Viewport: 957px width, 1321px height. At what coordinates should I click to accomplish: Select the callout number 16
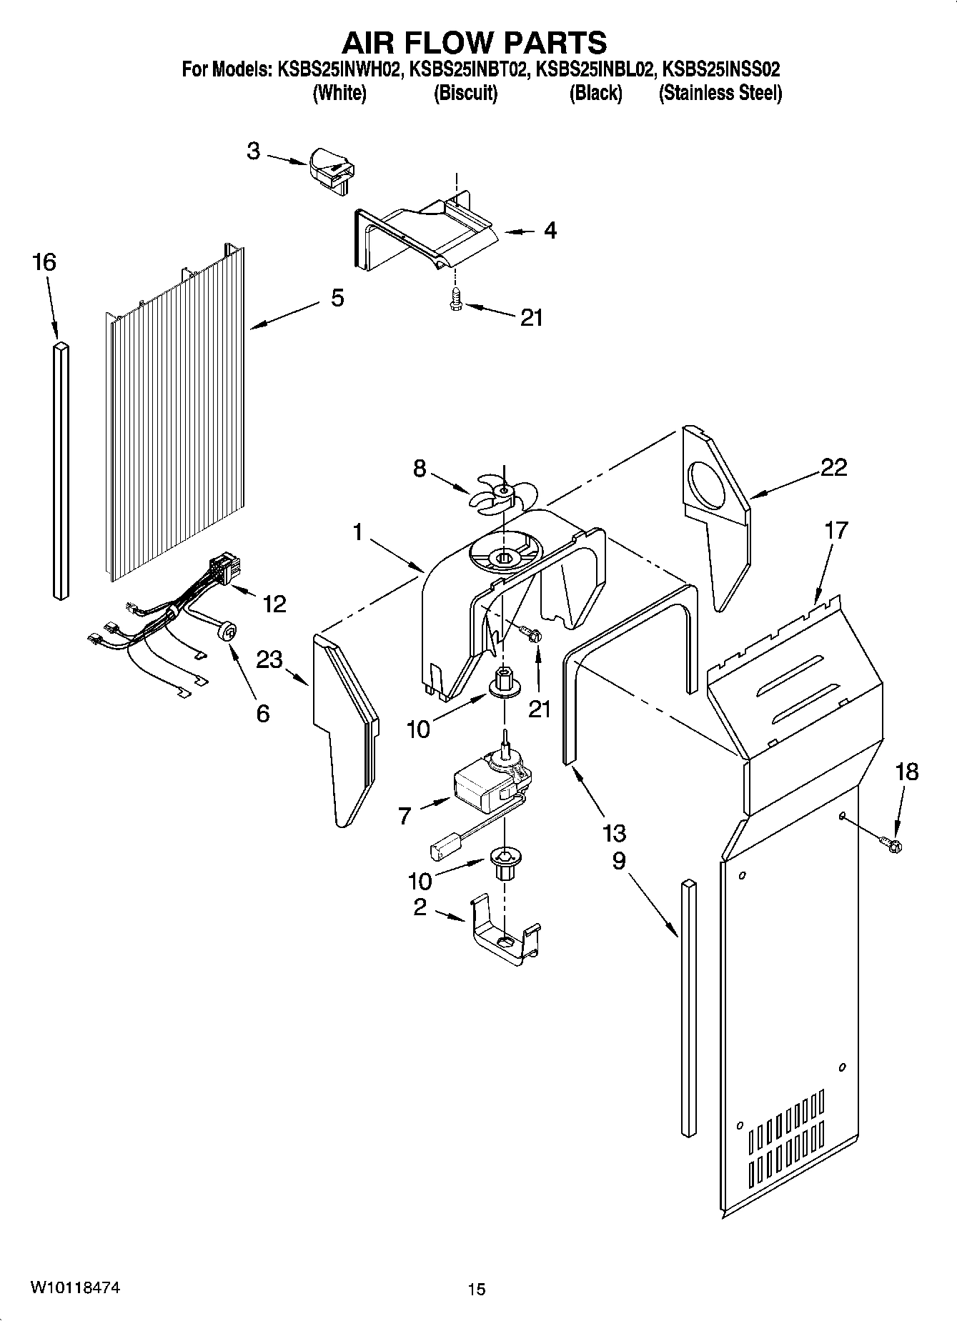coord(44,263)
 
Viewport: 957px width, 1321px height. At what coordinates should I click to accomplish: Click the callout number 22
coord(833,467)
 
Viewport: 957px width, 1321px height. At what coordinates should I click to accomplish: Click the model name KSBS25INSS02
coord(721,70)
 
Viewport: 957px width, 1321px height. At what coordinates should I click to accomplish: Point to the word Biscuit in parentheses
coord(466,94)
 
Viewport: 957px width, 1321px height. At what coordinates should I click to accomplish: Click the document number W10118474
coord(74,1288)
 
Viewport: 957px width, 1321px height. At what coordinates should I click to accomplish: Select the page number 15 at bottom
coord(476,1289)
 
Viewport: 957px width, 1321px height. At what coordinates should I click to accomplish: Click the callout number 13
coord(614,833)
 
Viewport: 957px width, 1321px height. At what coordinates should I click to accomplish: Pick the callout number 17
coord(835,531)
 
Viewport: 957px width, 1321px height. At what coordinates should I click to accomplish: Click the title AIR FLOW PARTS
coord(475,42)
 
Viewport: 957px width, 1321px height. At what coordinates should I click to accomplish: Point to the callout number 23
coord(269,659)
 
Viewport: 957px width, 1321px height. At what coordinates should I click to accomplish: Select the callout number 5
coord(337,298)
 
